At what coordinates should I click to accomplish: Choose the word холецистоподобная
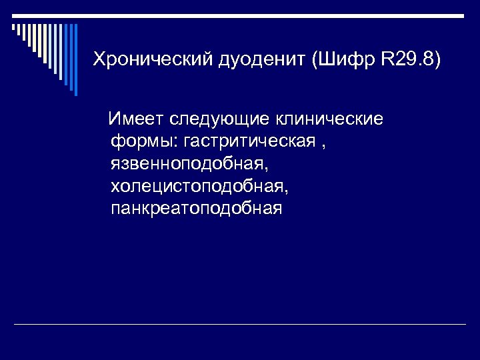(201, 186)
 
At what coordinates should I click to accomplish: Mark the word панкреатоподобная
(197, 209)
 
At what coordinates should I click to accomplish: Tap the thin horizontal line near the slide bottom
(240, 325)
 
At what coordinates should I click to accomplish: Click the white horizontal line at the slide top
(240, 14)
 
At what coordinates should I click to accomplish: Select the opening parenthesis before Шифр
(314, 59)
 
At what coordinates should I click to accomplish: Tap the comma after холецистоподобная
(287, 190)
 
